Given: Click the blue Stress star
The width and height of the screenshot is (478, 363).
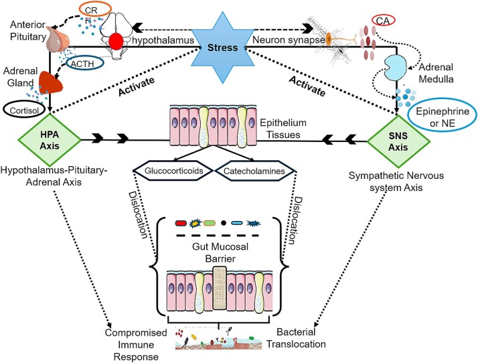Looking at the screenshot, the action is pyautogui.click(x=222, y=48).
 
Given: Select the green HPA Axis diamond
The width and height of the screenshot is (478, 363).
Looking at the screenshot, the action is pyautogui.click(x=50, y=140).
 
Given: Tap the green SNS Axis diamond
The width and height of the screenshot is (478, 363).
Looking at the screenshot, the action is pyautogui.click(x=398, y=141).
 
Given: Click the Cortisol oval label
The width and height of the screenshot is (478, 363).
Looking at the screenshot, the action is pyautogui.click(x=24, y=110).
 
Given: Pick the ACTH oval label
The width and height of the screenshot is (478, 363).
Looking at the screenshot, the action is pyautogui.click(x=84, y=64).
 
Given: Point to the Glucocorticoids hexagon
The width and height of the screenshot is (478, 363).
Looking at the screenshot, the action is pyautogui.click(x=173, y=171).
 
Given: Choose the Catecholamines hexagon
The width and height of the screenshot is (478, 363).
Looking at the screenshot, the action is pyautogui.click(x=255, y=171).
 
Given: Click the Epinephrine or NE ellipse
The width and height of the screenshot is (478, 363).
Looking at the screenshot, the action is pyautogui.click(x=443, y=117).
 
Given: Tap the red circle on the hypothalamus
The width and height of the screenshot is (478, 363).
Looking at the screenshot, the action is pyautogui.click(x=116, y=41).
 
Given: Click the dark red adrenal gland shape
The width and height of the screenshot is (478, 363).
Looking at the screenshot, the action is pyautogui.click(x=50, y=82).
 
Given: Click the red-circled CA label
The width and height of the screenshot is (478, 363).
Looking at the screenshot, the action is pyautogui.click(x=383, y=21).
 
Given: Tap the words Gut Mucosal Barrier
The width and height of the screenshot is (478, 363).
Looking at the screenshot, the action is pyautogui.click(x=220, y=252).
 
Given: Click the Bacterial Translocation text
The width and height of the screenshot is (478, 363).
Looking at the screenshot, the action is pyautogui.click(x=296, y=338).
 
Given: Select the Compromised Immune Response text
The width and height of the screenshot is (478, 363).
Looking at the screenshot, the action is pyautogui.click(x=136, y=345).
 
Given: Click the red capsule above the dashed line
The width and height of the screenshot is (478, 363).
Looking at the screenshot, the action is pyautogui.click(x=181, y=223).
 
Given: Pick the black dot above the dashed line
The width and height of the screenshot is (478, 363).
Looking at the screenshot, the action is pyautogui.click(x=224, y=223).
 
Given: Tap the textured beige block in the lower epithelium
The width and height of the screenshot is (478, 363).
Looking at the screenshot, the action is pyautogui.click(x=220, y=288).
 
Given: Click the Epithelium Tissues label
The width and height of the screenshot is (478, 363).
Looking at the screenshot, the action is pyautogui.click(x=283, y=129).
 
